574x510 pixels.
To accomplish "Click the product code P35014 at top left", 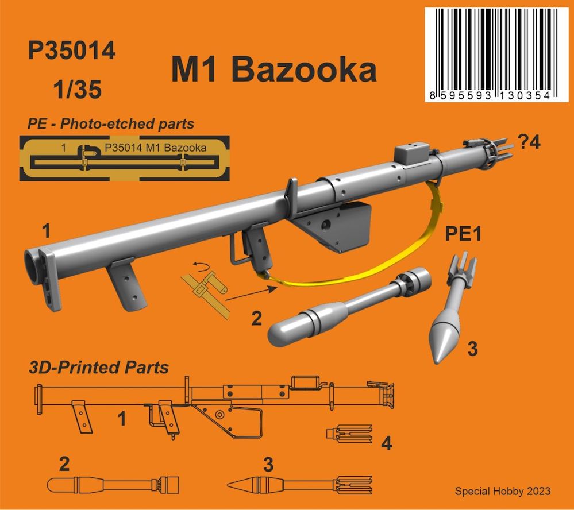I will pyautogui.click(x=71, y=52).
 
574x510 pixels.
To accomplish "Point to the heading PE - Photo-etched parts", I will pyautogui.click(x=110, y=123).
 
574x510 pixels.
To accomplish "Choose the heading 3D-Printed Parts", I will pyautogui.click(x=98, y=367).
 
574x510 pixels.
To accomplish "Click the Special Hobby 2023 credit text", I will pyautogui.click(x=502, y=491).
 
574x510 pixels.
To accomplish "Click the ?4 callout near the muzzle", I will pyautogui.click(x=529, y=144).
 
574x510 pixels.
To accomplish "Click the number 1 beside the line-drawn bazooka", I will pyautogui.click(x=121, y=419).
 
